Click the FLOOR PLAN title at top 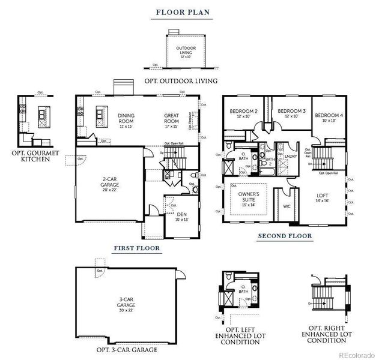click(184, 12)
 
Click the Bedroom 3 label click(292, 114)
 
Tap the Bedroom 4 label click(329, 118)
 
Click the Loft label click(323, 199)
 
